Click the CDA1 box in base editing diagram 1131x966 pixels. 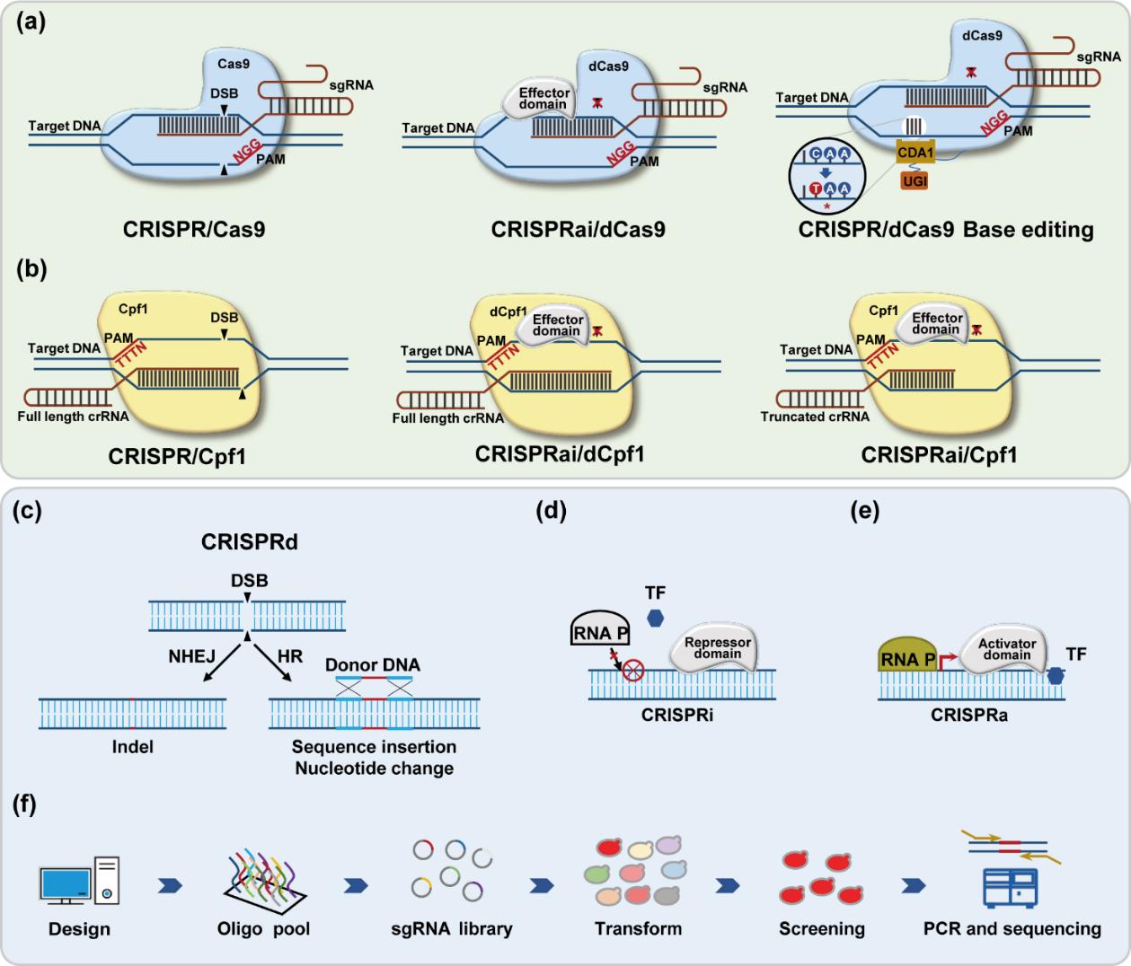click(x=915, y=153)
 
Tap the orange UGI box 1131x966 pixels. click(x=915, y=181)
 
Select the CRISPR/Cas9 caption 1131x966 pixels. click(x=194, y=230)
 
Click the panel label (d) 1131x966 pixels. click(x=550, y=513)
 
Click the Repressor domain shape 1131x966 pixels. click(x=716, y=648)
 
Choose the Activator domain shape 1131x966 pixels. click(x=1004, y=650)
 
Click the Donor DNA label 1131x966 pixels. click(x=373, y=665)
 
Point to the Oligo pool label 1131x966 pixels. click(x=263, y=928)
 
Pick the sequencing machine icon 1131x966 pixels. click(x=1012, y=884)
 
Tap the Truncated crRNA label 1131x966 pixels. click(x=815, y=417)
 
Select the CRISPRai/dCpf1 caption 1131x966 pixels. click(x=560, y=454)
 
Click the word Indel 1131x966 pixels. click(x=133, y=746)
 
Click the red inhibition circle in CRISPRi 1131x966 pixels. click(x=632, y=671)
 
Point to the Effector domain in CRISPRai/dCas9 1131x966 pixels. click(x=543, y=99)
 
